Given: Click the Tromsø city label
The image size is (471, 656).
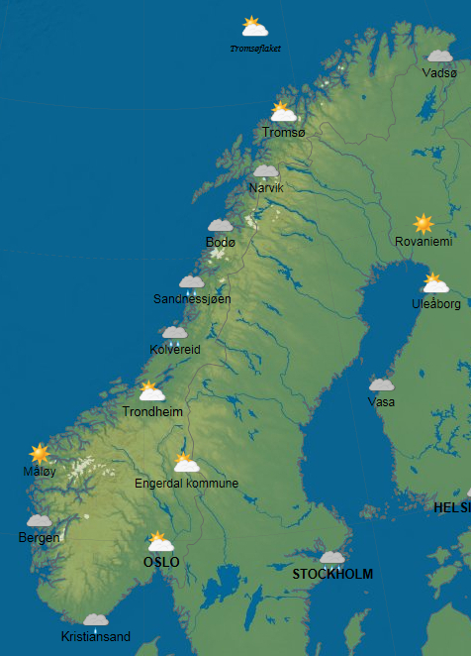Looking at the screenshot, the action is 284,133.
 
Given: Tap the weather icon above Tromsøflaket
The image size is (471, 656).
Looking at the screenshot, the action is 255,27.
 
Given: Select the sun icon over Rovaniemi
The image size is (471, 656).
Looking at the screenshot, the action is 424,224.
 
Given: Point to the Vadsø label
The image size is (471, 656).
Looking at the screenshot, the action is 439,73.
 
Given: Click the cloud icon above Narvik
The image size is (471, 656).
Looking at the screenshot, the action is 265,171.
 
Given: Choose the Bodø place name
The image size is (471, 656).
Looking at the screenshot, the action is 220,243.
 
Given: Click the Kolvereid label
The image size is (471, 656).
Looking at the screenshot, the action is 175,350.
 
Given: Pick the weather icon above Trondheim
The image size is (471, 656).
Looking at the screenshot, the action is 151,391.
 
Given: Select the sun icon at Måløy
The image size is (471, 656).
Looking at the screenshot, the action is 40,454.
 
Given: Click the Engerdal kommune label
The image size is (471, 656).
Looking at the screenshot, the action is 186,484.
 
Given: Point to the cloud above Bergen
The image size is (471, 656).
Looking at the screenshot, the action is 40,521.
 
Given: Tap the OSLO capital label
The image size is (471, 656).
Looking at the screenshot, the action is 161,562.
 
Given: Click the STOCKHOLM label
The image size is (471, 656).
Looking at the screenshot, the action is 332,574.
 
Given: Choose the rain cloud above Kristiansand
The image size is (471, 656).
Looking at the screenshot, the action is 96,620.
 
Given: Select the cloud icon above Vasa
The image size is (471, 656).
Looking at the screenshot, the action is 381,385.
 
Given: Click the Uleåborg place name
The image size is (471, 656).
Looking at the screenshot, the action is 435,304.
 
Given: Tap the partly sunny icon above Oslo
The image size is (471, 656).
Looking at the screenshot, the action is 159,542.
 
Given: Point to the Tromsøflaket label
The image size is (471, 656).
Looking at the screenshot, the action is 255,48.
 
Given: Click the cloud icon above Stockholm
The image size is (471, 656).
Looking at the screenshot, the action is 332,557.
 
